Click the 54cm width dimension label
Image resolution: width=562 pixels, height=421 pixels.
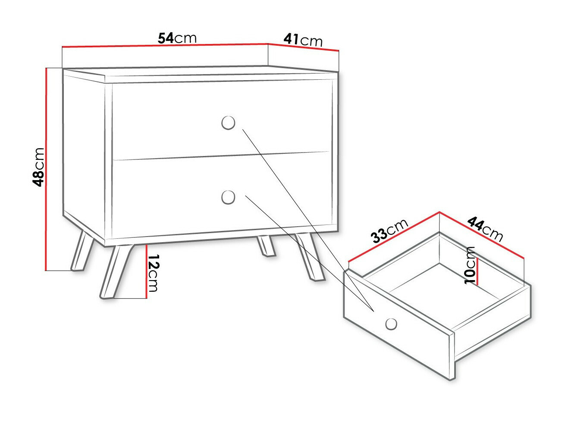click(x=177, y=38)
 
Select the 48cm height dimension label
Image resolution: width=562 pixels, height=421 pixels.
click(x=38, y=167)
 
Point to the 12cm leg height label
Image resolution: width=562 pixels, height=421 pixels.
click(x=153, y=273)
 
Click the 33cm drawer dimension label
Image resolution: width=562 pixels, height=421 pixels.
click(x=390, y=231)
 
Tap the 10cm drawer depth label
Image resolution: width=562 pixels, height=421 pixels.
click(x=470, y=265)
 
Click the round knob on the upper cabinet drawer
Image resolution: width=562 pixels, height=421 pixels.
click(x=228, y=123)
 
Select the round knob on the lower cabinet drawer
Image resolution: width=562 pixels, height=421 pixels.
click(x=228, y=197)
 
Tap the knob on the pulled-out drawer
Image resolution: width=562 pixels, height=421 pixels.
click(x=391, y=324)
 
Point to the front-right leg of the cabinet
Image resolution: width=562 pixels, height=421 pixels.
click(x=310, y=256)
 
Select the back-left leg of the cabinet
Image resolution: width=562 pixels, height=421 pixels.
click(x=82, y=251)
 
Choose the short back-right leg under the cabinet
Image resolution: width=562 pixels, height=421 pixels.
click(x=266, y=246)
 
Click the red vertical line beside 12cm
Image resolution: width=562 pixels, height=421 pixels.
click(x=147, y=271)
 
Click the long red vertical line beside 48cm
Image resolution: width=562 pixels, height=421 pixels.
click(x=46, y=169)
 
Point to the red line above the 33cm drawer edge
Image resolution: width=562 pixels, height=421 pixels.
click(x=394, y=237)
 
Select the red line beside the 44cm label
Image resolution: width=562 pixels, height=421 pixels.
click(x=482, y=235)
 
